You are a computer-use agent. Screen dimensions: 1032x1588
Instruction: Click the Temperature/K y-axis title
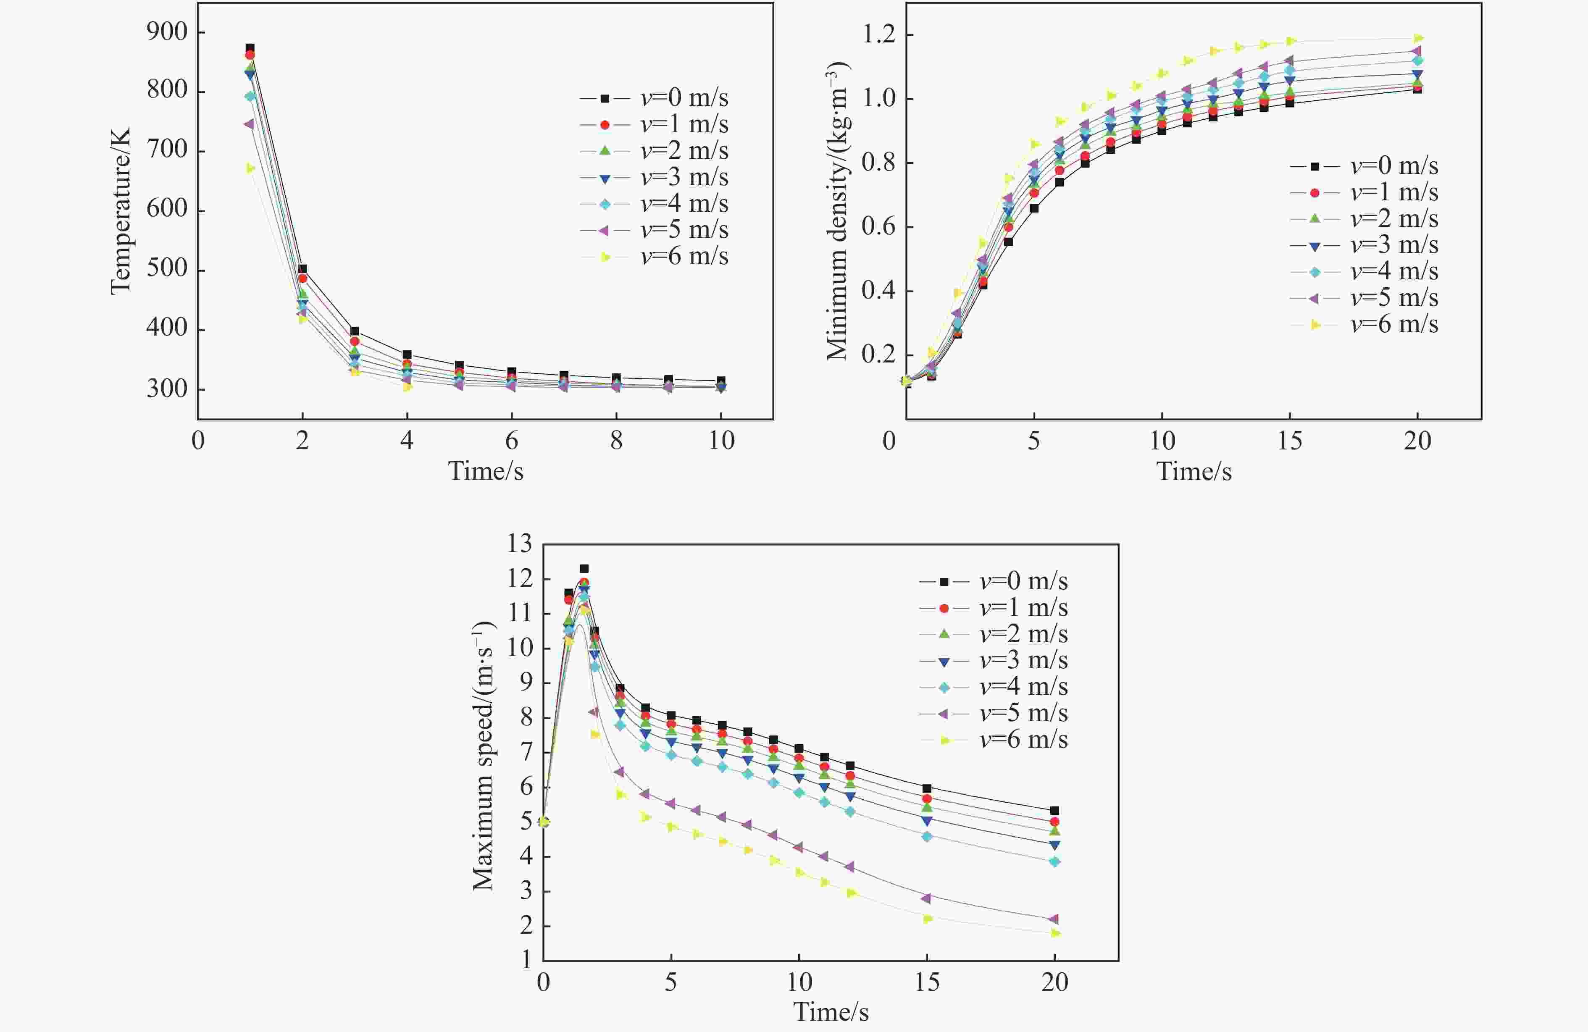tap(121, 211)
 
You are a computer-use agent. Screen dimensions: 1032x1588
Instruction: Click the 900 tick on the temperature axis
tap(167, 32)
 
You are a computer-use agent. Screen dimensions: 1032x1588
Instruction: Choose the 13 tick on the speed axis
tap(519, 544)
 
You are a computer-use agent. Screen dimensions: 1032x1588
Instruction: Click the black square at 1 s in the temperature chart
tap(250, 48)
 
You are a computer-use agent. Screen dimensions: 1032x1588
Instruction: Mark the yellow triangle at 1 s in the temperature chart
tap(250, 168)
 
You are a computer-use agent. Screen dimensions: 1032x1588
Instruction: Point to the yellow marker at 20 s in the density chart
tap(1418, 38)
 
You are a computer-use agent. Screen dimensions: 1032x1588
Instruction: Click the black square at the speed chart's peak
tap(584, 568)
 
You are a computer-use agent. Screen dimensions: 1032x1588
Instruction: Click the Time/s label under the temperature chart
tap(485, 471)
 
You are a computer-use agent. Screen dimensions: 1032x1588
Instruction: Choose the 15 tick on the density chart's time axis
tap(1290, 440)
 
